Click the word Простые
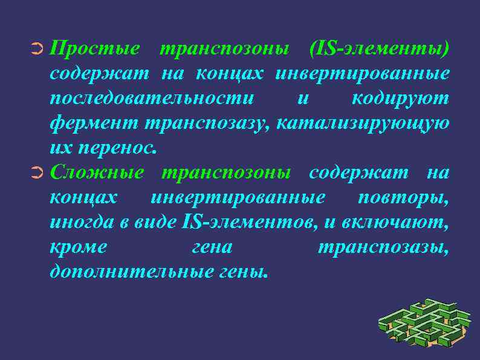tap(95, 48)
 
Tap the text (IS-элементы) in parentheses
tap(379, 48)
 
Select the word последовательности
tap(152, 98)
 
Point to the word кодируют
tap(400, 98)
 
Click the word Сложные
tap(97, 173)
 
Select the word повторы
tap(403, 198)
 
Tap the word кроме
tap(79, 247)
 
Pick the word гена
tap(212, 247)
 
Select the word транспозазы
tap(383, 247)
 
